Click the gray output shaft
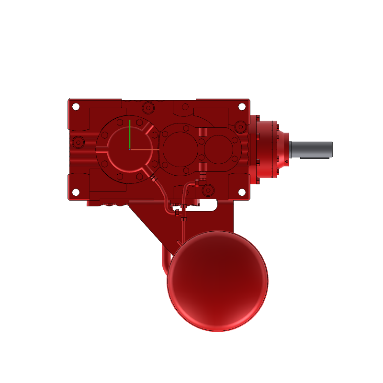click(311, 149)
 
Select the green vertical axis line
click(129, 134)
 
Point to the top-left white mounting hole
click(76, 106)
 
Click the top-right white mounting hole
click(242, 106)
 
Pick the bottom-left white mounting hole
click(76, 192)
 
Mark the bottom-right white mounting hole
click(242, 192)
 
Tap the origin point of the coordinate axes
click(129, 149)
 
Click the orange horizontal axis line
click(144, 149)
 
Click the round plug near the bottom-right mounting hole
click(208, 191)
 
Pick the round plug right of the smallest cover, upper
click(240, 127)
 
